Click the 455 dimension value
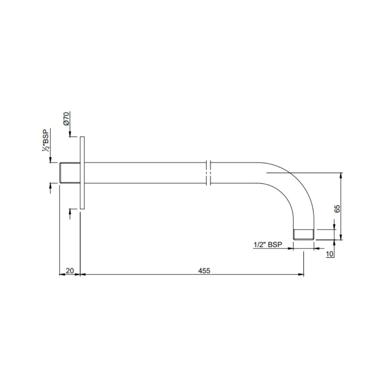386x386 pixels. pyautogui.click(x=204, y=271)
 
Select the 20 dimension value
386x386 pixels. pyautogui.click(x=70, y=271)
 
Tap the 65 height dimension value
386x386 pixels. pyautogui.click(x=337, y=209)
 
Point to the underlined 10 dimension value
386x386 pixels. pyautogui.click(x=330, y=254)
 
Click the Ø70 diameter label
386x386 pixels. pyautogui.click(x=66, y=118)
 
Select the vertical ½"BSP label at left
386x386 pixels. pyautogui.click(x=45, y=140)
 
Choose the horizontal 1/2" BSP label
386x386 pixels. pyautogui.click(x=268, y=245)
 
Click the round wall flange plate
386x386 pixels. pyautogui.click(x=82, y=173)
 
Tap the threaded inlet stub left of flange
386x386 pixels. pyautogui.click(x=70, y=173)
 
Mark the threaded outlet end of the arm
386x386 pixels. pyautogui.click(x=303, y=234)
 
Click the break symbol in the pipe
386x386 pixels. pyautogui.click(x=209, y=173)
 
